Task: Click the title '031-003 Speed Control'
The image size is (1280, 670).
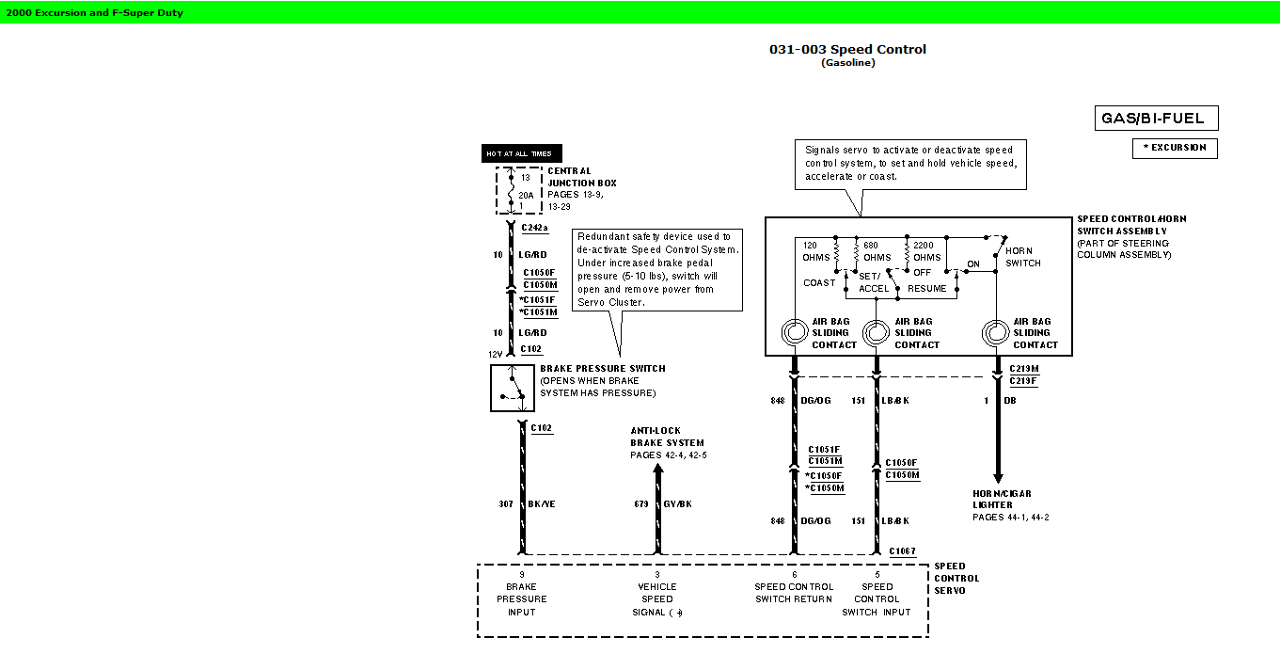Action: [x=847, y=50]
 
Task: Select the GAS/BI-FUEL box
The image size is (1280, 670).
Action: [x=1156, y=119]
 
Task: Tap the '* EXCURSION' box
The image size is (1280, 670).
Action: [x=1175, y=148]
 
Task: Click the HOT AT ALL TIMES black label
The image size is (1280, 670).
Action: [x=521, y=153]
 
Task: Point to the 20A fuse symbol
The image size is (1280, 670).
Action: [x=511, y=191]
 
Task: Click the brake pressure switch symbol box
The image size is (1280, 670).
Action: [x=513, y=389]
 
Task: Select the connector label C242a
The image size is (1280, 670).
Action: [x=533, y=228]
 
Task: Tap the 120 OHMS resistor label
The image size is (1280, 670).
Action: [x=815, y=251]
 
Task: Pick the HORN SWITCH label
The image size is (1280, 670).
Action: [x=1022, y=257]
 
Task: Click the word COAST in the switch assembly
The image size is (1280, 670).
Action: [x=818, y=283]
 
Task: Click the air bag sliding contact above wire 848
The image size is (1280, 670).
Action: [x=795, y=332]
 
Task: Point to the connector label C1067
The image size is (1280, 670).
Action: [x=902, y=551]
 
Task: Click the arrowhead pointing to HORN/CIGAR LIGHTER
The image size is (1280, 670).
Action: [x=998, y=476]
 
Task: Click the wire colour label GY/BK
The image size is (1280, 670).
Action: [x=678, y=504]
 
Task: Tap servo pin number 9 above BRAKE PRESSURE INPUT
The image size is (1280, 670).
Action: [x=522, y=574]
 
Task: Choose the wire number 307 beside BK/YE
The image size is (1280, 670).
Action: [x=506, y=504]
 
